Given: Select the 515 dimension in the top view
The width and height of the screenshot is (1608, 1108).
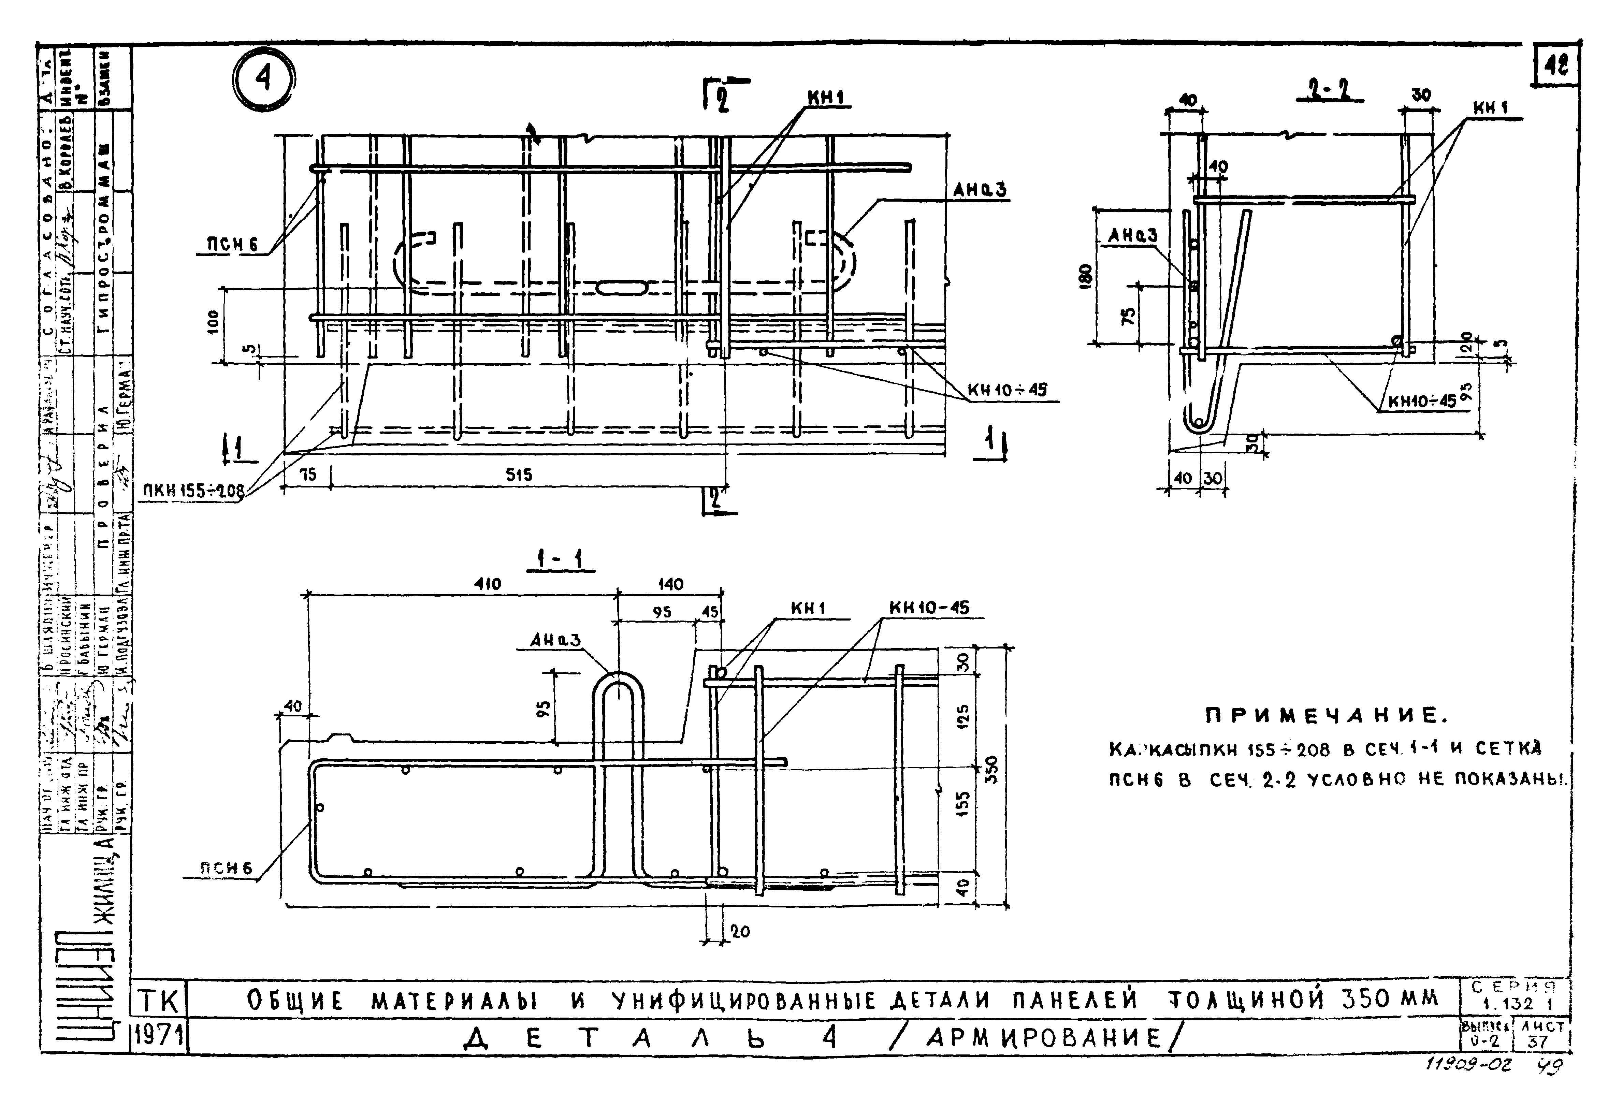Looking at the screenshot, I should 519,475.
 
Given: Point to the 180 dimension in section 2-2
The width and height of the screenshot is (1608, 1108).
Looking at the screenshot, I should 1087,275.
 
